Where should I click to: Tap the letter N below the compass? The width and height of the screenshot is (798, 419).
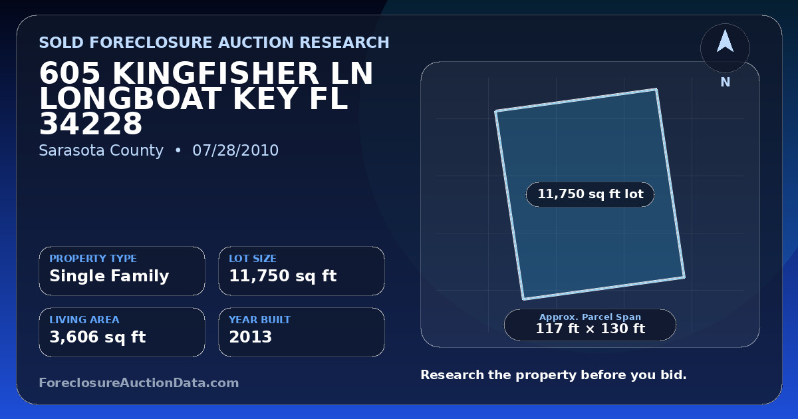coord(726,82)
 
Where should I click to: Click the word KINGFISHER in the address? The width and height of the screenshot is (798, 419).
coord(215,73)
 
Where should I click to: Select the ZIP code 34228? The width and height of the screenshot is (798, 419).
coord(91,124)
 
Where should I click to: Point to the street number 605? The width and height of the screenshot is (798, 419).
coord(70,73)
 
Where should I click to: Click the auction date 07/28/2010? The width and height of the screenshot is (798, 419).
coord(235,150)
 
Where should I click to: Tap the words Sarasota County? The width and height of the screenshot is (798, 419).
coord(101,151)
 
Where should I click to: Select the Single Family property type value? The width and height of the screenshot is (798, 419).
coord(109,276)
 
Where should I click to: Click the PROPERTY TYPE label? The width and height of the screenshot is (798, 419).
coord(93,258)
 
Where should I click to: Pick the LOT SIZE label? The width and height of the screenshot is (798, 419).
coord(253,258)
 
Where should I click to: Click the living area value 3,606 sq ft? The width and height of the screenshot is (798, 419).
coord(98,337)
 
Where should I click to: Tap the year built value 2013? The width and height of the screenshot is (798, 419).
coord(251,337)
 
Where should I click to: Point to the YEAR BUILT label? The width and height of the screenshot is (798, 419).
coord(260,320)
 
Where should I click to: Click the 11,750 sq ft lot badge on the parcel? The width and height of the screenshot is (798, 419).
coord(591,194)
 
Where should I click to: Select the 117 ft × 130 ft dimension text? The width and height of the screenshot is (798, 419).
coord(591,329)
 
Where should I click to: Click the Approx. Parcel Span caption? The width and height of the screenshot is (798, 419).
coord(591,317)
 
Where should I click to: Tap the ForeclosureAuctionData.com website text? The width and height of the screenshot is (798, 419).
coord(139,382)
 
